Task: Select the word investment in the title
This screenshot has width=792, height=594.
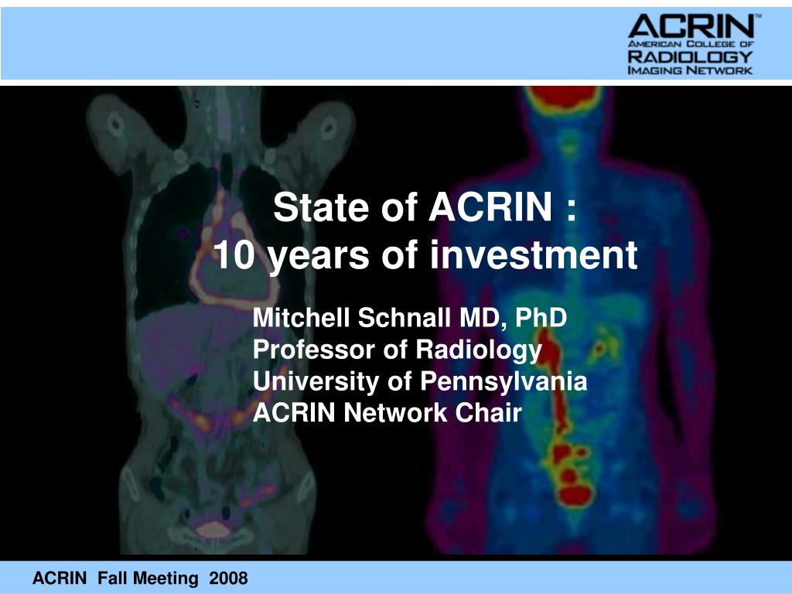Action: click(x=534, y=255)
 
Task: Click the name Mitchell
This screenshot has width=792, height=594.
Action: click(x=302, y=317)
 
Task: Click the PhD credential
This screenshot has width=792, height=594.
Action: click(x=538, y=317)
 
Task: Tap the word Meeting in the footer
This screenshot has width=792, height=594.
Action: click(x=166, y=578)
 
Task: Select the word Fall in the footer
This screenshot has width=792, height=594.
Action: click(x=114, y=578)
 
